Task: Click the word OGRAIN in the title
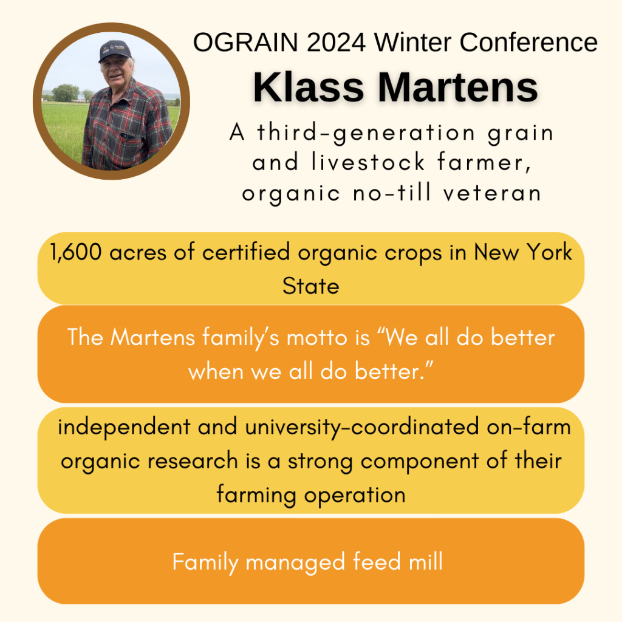click(245, 42)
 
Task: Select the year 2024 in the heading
click(336, 42)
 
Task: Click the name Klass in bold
click(308, 87)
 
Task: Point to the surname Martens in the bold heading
click(458, 87)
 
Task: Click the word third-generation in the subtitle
click(366, 133)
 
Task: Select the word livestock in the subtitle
click(368, 162)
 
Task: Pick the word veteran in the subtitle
click(492, 193)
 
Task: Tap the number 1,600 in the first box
click(76, 252)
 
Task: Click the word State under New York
click(310, 286)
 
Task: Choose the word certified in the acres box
click(245, 252)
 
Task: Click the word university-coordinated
click(362, 428)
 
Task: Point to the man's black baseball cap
click(115, 50)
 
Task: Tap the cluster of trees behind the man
click(66, 93)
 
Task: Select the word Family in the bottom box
click(205, 562)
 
